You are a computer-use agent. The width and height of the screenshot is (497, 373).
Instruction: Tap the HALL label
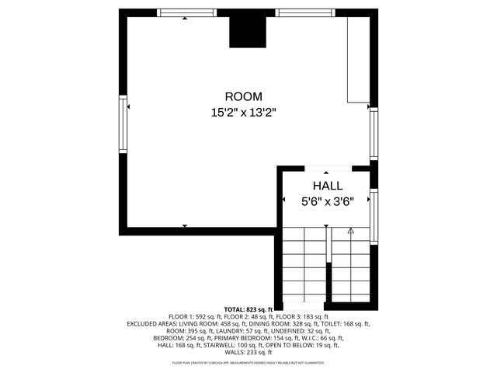point(327,186)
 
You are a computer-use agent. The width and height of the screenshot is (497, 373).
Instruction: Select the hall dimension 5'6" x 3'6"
point(327,201)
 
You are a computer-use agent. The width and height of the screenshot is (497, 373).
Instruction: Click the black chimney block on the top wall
point(247,30)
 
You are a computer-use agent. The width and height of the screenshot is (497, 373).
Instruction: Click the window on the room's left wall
point(122,124)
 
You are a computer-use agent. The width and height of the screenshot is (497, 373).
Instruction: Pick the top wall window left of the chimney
point(186,12)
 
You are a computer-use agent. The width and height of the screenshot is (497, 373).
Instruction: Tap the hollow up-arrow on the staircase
point(350,231)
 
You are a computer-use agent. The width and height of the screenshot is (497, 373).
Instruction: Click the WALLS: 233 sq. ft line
point(248,352)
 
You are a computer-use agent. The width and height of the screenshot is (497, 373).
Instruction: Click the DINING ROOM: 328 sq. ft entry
point(284,324)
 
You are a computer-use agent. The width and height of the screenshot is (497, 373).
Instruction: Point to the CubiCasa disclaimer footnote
point(248,363)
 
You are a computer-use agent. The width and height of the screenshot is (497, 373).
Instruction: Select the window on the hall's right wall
point(374,217)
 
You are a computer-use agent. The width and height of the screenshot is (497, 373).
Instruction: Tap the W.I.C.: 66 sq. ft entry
point(327,338)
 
